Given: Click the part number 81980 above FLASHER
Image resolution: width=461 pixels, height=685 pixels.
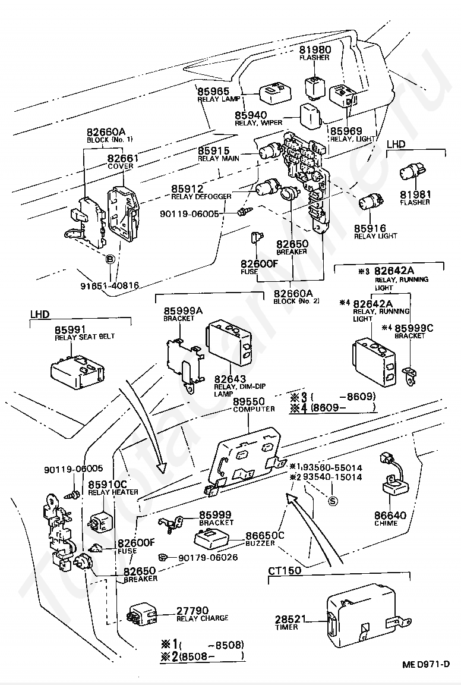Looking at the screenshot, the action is click(315, 49).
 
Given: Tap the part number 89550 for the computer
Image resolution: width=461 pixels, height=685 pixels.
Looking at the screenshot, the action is click(248, 401).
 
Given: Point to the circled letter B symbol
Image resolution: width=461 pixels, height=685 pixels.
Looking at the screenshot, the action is click(110, 259).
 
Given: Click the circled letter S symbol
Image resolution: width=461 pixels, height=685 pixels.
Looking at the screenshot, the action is click(333, 501).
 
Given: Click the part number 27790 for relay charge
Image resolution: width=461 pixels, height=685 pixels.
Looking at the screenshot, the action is click(192, 610).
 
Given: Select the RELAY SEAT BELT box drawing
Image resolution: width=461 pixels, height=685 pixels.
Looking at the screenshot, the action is click(77, 368).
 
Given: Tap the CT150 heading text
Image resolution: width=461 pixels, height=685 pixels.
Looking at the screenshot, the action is click(284, 570).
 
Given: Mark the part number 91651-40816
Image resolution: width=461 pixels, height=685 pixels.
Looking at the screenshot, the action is click(109, 285).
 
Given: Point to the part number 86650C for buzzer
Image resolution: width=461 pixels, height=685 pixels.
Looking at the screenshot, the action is click(264, 535).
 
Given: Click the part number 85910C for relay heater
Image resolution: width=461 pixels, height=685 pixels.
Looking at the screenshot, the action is click(108, 485).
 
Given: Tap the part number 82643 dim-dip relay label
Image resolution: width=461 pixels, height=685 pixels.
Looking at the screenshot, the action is click(230, 379).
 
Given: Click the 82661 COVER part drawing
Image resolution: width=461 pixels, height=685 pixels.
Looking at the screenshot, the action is click(124, 213).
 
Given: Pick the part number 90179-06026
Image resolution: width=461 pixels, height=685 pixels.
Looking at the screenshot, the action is click(209, 557).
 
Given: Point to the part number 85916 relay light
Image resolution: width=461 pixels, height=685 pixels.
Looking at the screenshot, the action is click(370, 228).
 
